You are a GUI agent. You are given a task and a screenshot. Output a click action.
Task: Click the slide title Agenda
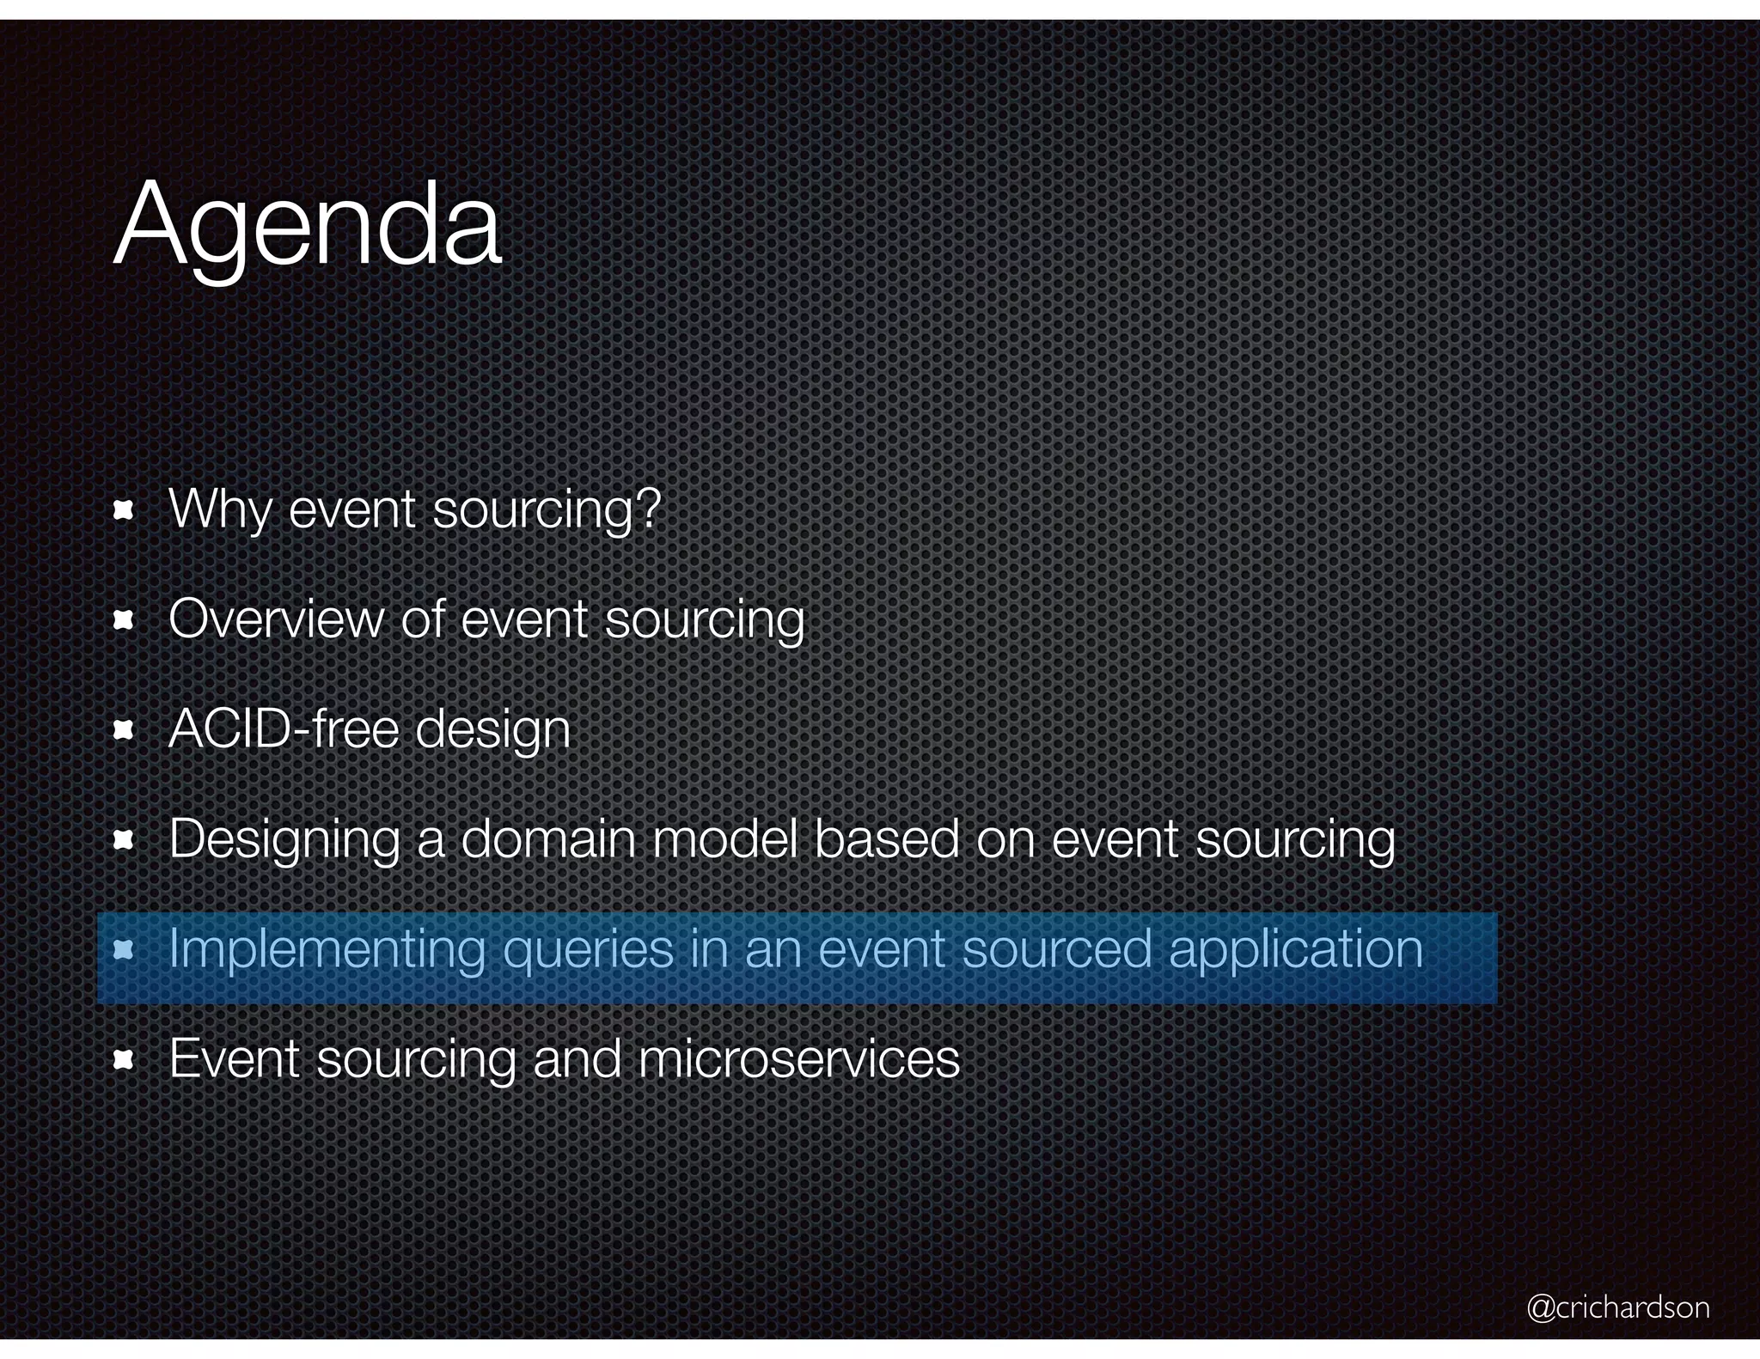(x=307, y=226)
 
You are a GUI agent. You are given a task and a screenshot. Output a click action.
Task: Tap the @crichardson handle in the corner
(x=1618, y=1307)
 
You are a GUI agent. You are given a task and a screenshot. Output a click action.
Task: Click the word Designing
(x=284, y=840)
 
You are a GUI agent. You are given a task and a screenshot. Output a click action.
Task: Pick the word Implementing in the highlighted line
(x=327, y=950)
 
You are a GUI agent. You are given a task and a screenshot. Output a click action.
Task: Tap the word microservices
(x=798, y=1058)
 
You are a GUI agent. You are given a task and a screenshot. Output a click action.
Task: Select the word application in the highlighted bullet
(x=1296, y=950)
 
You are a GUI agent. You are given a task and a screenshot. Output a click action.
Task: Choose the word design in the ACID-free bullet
(x=493, y=730)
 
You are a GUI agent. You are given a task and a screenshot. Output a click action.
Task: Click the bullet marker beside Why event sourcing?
(x=124, y=511)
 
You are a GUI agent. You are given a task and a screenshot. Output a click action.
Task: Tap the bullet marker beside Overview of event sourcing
(x=124, y=620)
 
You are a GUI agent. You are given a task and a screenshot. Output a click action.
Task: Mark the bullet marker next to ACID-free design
(x=124, y=730)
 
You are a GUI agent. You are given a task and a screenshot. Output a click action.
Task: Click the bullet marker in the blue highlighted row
(x=124, y=950)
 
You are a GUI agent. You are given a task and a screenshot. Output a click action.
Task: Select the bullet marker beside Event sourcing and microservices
(x=124, y=1060)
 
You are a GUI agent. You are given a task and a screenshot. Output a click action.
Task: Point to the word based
(x=886, y=838)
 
